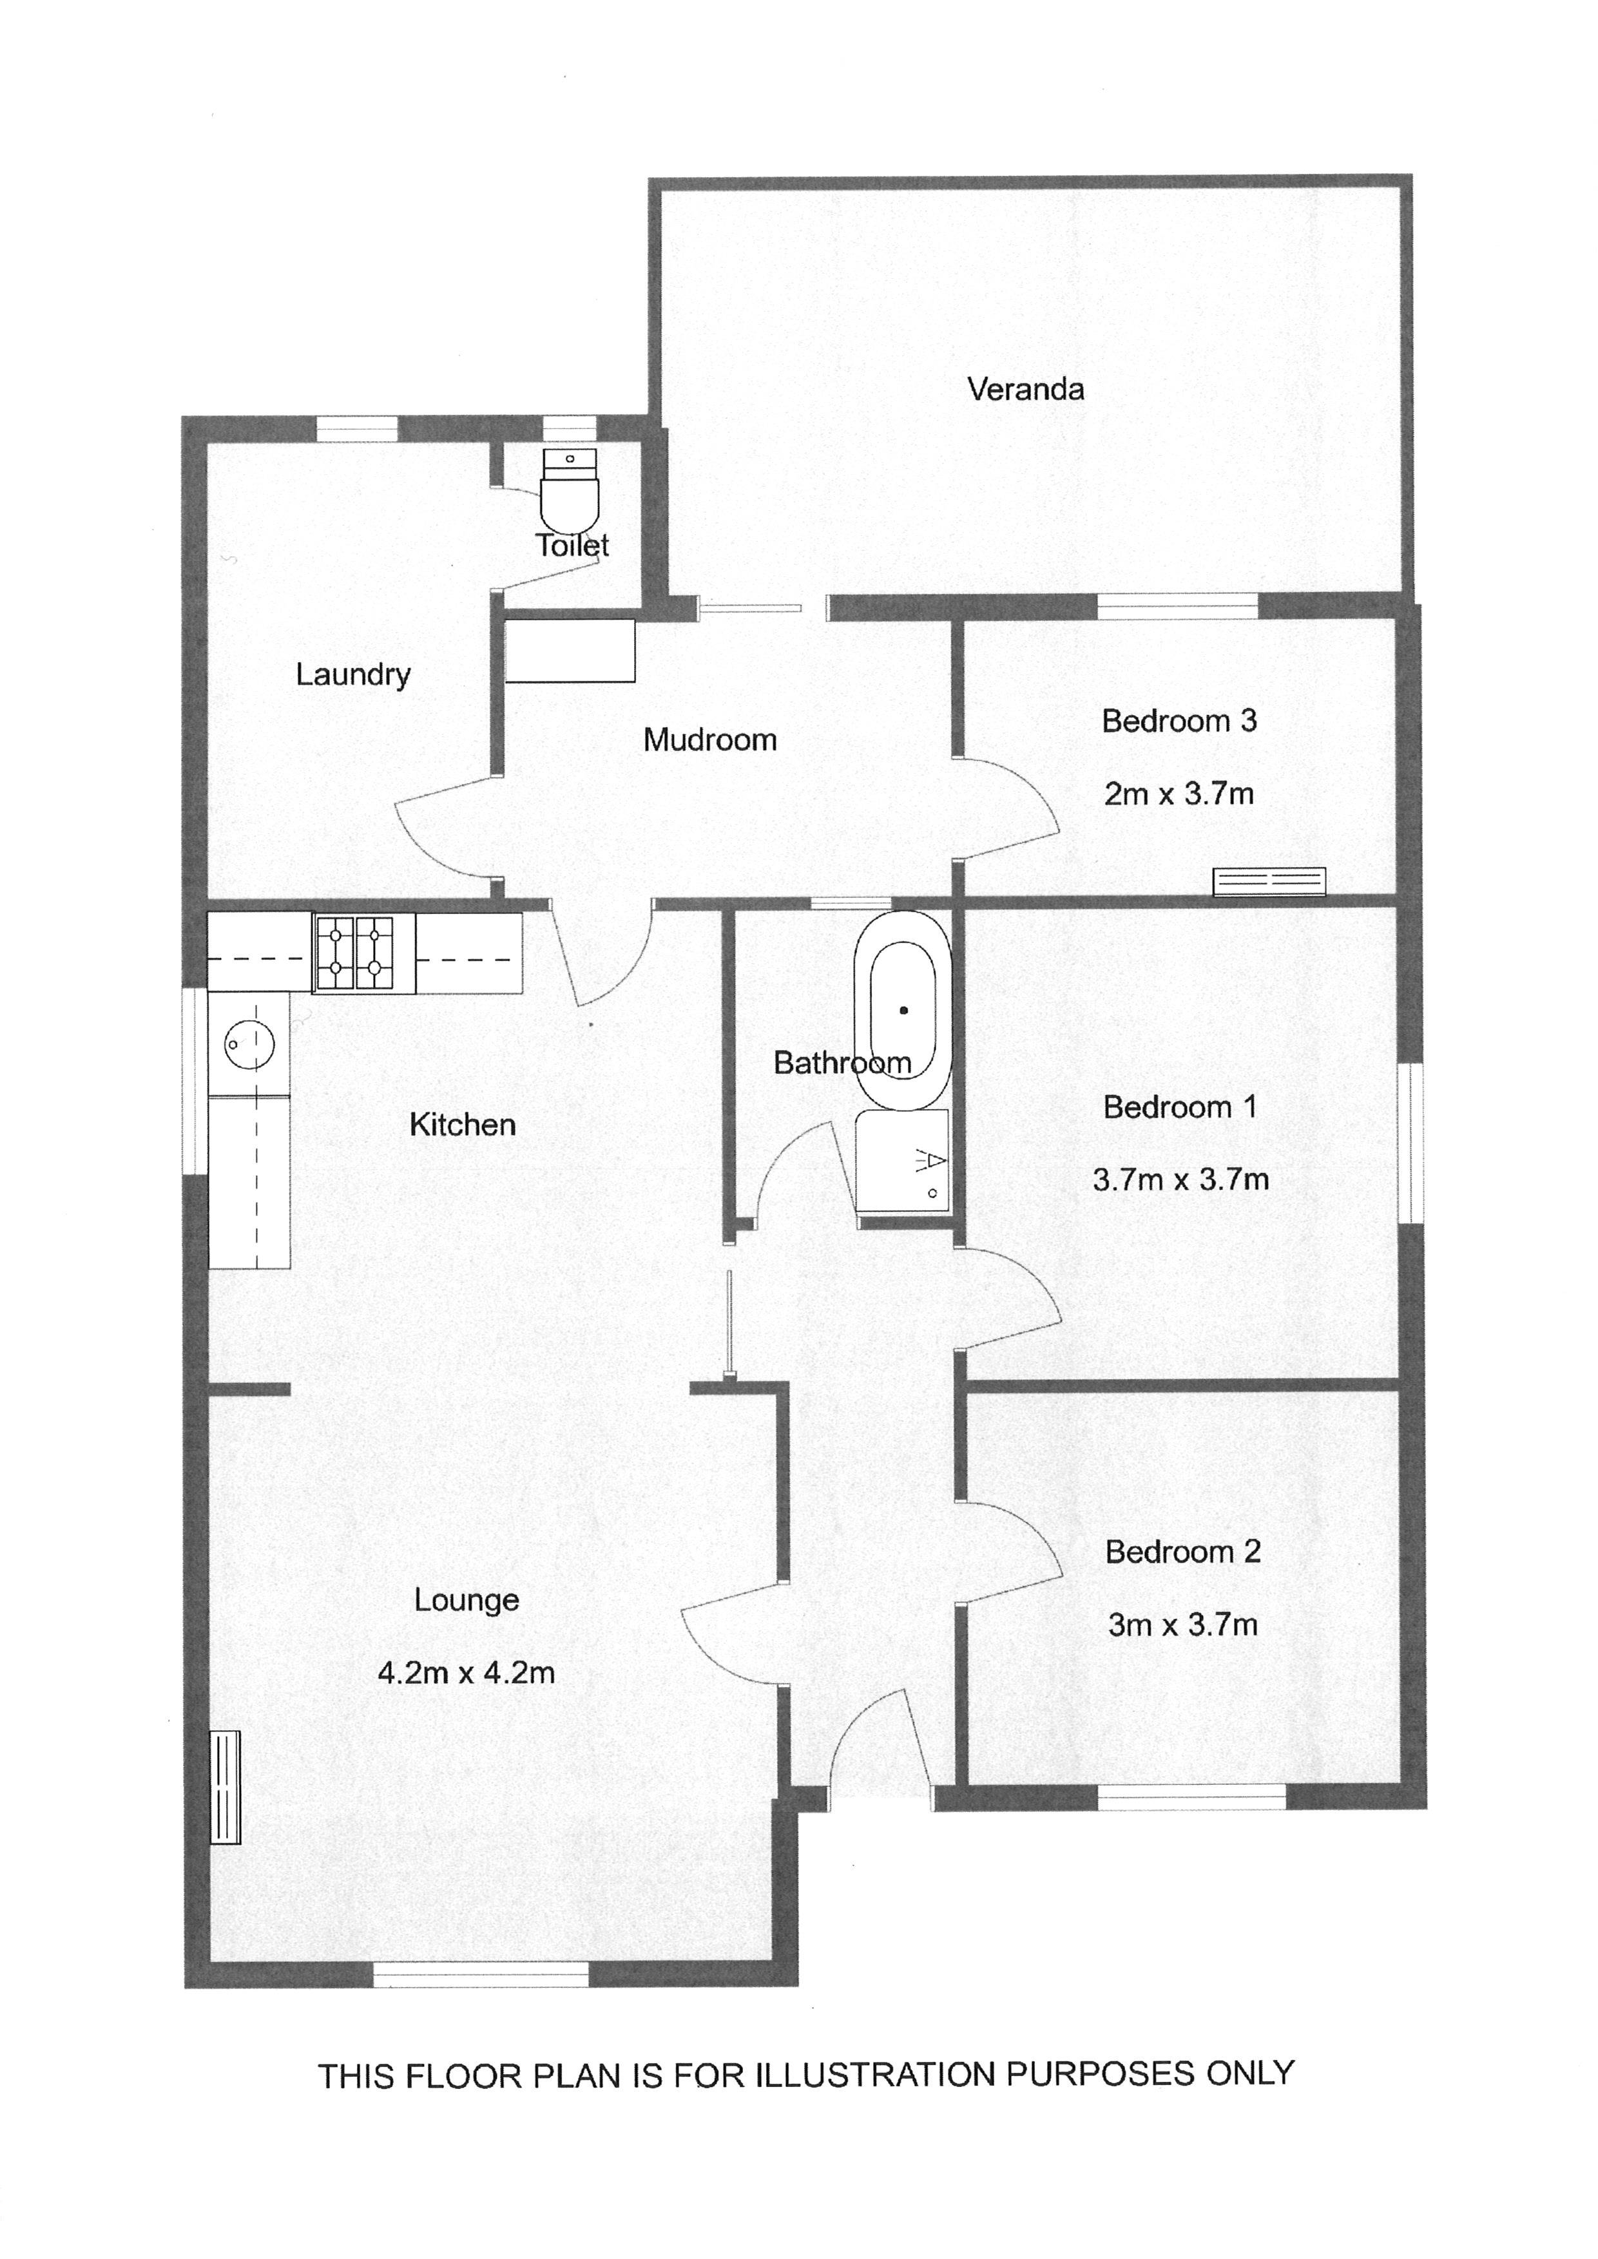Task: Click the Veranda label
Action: pyautogui.click(x=1025, y=390)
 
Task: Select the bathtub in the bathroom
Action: pyautogui.click(x=902, y=1011)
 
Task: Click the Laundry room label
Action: pyautogui.click(x=353, y=675)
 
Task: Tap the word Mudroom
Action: pyautogui.click(x=709, y=740)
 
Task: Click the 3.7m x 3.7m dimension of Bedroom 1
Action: pyautogui.click(x=1181, y=1179)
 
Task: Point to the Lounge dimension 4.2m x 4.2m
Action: pyautogui.click(x=467, y=1673)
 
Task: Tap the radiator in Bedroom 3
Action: pyautogui.click(x=1269, y=882)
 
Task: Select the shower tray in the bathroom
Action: pyautogui.click(x=902, y=1162)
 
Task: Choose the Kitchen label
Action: pyautogui.click(x=463, y=1125)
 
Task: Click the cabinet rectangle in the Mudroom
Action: pyautogui.click(x=570, y=651)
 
